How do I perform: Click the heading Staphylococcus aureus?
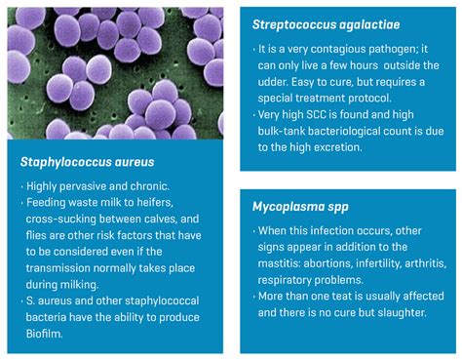pos(87,161)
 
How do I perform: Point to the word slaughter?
pos(391,312)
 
